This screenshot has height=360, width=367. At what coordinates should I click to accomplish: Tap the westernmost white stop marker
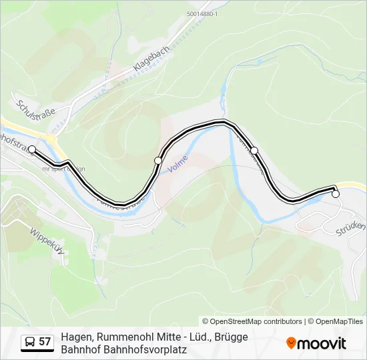pyautogui.click(x=32, y=149)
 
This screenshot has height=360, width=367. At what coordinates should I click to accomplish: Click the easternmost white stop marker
pyautogui.click(x=336, y=194)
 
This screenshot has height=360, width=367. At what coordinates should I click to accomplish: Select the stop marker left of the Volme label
pyautogui.click(x=158, y=161)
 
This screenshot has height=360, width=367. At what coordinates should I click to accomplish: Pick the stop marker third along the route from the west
pyautogui.click(x=254, y=151)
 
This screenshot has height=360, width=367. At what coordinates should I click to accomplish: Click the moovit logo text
pyautogui.click(x=322, y=343)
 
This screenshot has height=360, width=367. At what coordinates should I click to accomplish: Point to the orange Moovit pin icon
pyautogui.click(x=291, y=343)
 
